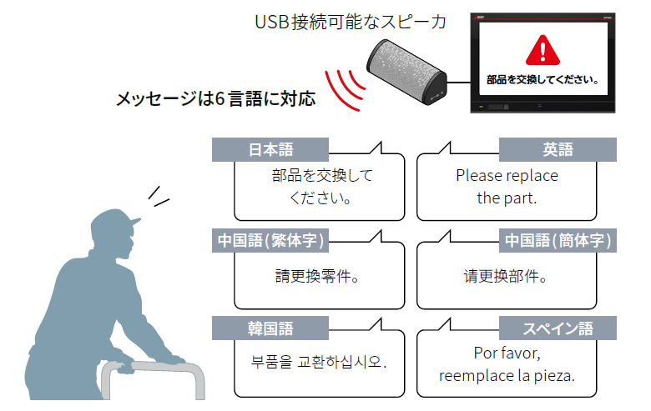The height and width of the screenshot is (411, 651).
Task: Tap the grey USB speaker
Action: point(410,74)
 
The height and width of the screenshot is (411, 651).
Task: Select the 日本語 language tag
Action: point(270,149)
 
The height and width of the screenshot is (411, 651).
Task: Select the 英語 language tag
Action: point(558,149)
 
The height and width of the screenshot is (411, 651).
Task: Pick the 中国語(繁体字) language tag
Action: point(270,241)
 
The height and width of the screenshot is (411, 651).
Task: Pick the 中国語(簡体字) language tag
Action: point(558,241)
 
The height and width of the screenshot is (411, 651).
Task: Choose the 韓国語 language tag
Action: point(270,328)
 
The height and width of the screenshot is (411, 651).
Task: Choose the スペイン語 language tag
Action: point(558,328)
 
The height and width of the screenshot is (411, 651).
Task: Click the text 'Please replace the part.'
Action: point(507,187)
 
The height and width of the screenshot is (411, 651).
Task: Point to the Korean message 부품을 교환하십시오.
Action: point(319,363)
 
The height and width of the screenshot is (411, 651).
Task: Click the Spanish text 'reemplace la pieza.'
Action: point(507,375)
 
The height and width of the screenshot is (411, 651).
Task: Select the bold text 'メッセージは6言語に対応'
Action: point(216,99)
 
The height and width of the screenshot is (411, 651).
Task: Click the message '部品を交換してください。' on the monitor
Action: point(543,81)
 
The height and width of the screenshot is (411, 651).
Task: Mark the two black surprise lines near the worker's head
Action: point(158,196)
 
